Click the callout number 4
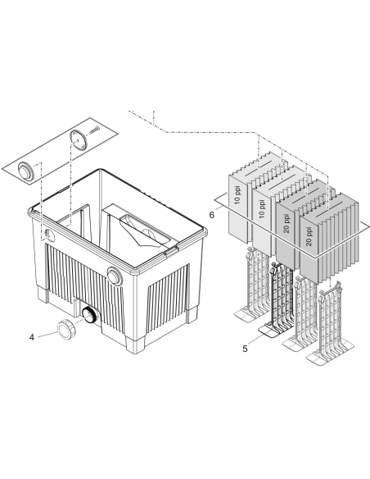click(32, 337)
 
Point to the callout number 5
click(245, 349)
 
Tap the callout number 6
click(211, 215)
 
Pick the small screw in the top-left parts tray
click(94, 130)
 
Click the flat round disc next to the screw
click(79, 139)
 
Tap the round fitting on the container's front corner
click(115, 276)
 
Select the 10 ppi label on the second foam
click(262, 208)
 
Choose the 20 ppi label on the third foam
click(287, 223)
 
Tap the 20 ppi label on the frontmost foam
click(309, 236)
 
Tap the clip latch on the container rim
click(171, 250)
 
